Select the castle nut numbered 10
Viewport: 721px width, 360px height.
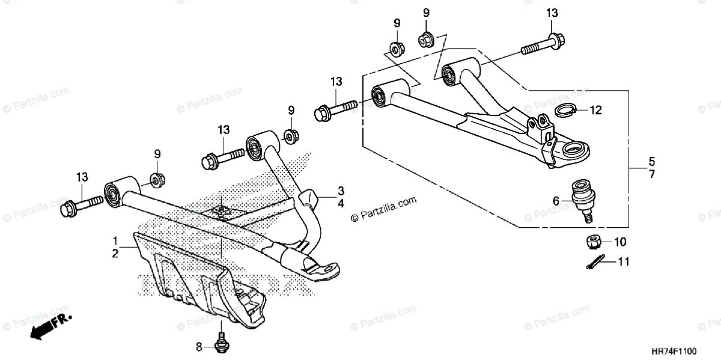pyautogui.click(x=594, y=242)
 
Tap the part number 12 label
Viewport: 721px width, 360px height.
pyautogui.click(x=595, y=111)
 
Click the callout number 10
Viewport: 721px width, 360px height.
pyautogui.click(x=620, y=242)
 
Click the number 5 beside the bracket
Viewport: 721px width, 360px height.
pyautogui.click(x=652, y=162)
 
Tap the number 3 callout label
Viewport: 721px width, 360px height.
pyautogui.click(x=340, y=191)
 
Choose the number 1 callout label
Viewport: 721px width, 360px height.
pyautogui.click(x=114, y=240)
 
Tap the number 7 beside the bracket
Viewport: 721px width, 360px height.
pyautogui.click(x=652, y=174)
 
